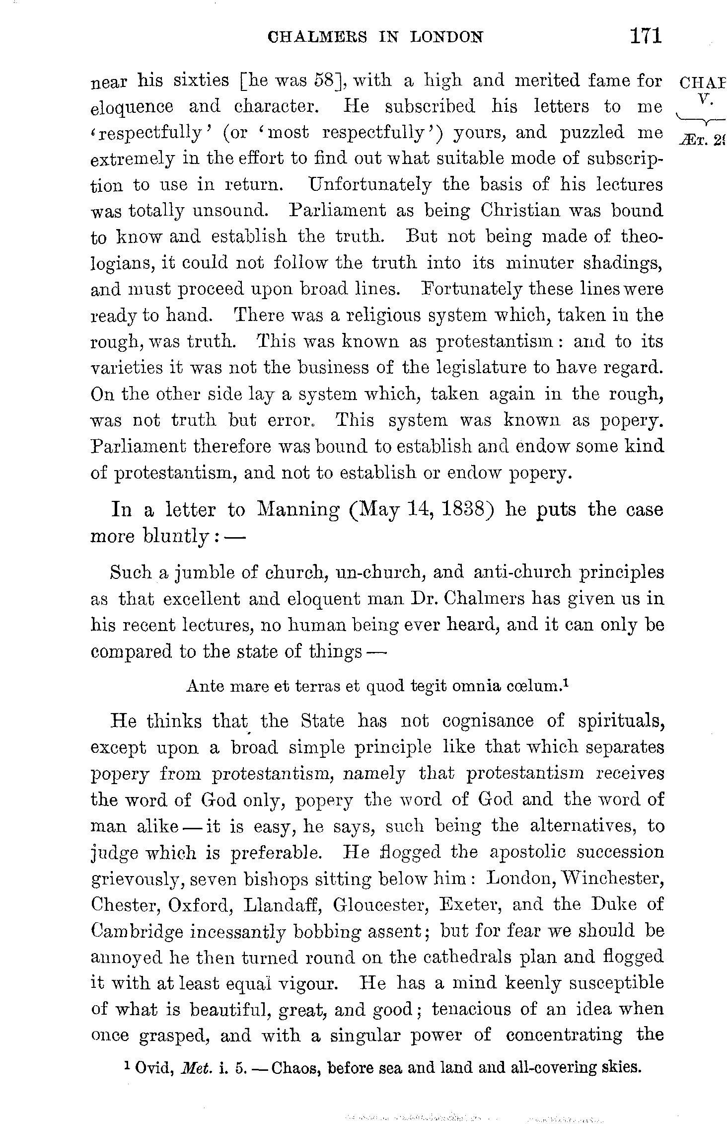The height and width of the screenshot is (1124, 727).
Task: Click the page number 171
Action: click(645, 36)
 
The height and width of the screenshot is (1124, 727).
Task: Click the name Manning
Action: click(298, 509)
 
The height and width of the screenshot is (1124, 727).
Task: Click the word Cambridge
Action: click(136, 930)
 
